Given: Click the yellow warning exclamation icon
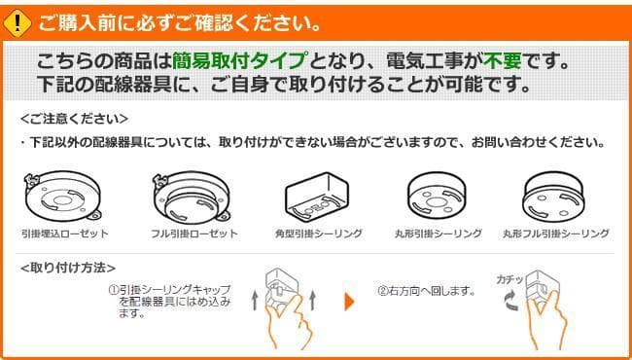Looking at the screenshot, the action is (x=17, y=23).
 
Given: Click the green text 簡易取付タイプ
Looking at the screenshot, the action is (x=238, y=61).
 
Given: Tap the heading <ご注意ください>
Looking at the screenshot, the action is (x=75, y=119).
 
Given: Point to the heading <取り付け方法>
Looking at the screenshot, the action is (x=68, y=268).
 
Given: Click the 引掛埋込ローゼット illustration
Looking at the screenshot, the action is (x=62, y=197).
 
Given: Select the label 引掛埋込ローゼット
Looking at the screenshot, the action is (x=65, y=234).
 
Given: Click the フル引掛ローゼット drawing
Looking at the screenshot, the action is (x=192, y=197).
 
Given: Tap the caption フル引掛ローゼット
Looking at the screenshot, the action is (x=194, y=234).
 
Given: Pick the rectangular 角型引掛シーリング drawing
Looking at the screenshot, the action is (x=317, y=196).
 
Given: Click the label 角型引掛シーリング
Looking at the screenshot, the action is (x=318, y=234).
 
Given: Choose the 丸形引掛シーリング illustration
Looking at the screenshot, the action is (x=437, y=196).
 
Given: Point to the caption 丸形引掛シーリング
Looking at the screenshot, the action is (x=439, y=234).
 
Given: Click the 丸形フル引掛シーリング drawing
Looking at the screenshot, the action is (x=553, y=198).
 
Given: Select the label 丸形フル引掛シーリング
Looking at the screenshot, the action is (x=556, y=234).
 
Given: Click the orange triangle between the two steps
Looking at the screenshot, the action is (x=349, y=302).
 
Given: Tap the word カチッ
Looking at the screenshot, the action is (x=510, y=279).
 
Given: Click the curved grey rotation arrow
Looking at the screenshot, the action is (x=512, y=303).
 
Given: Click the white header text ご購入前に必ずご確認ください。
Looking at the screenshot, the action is (x=179, y=24).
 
